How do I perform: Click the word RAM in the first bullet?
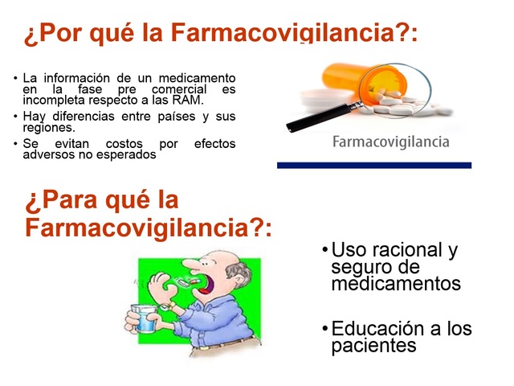(x=190, y=101)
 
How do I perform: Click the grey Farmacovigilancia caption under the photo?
(x=390, y=142)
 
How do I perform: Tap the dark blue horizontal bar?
(x=374, y=165)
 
